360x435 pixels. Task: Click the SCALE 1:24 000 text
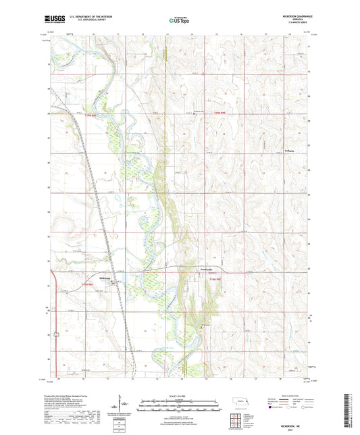179,395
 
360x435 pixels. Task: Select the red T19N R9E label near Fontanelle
215,279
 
